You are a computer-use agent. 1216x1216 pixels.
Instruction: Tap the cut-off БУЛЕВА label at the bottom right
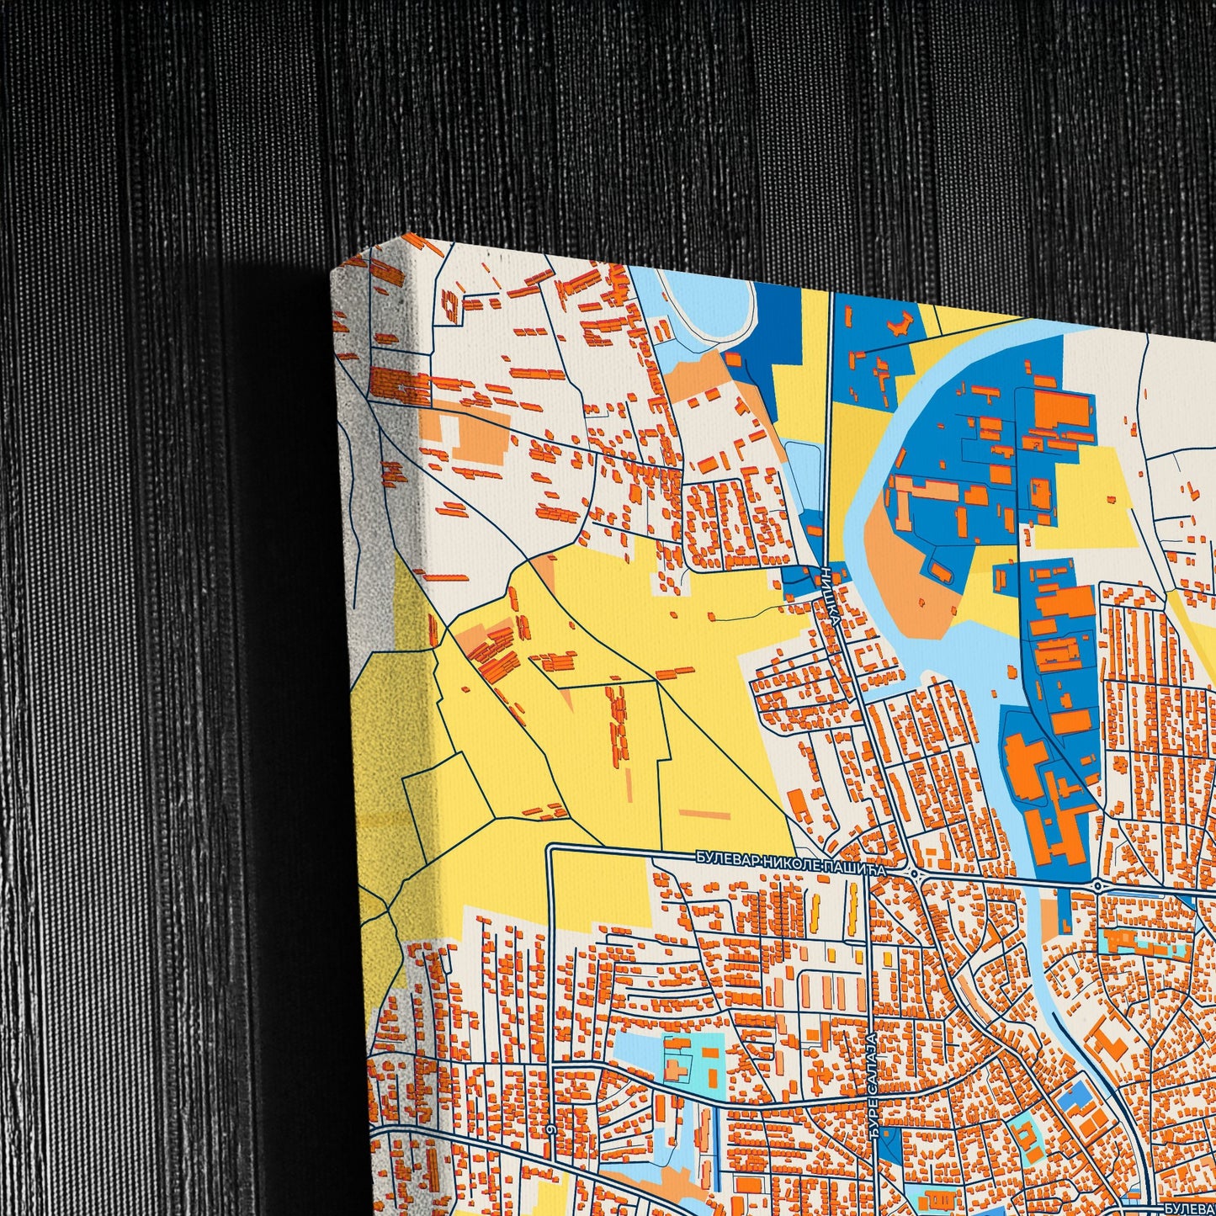click(x=1190, y=1208)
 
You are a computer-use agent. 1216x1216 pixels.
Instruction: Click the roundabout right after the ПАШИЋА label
click(x=915, y=874)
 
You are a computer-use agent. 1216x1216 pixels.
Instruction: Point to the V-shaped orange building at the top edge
click(x=897, y=323)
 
